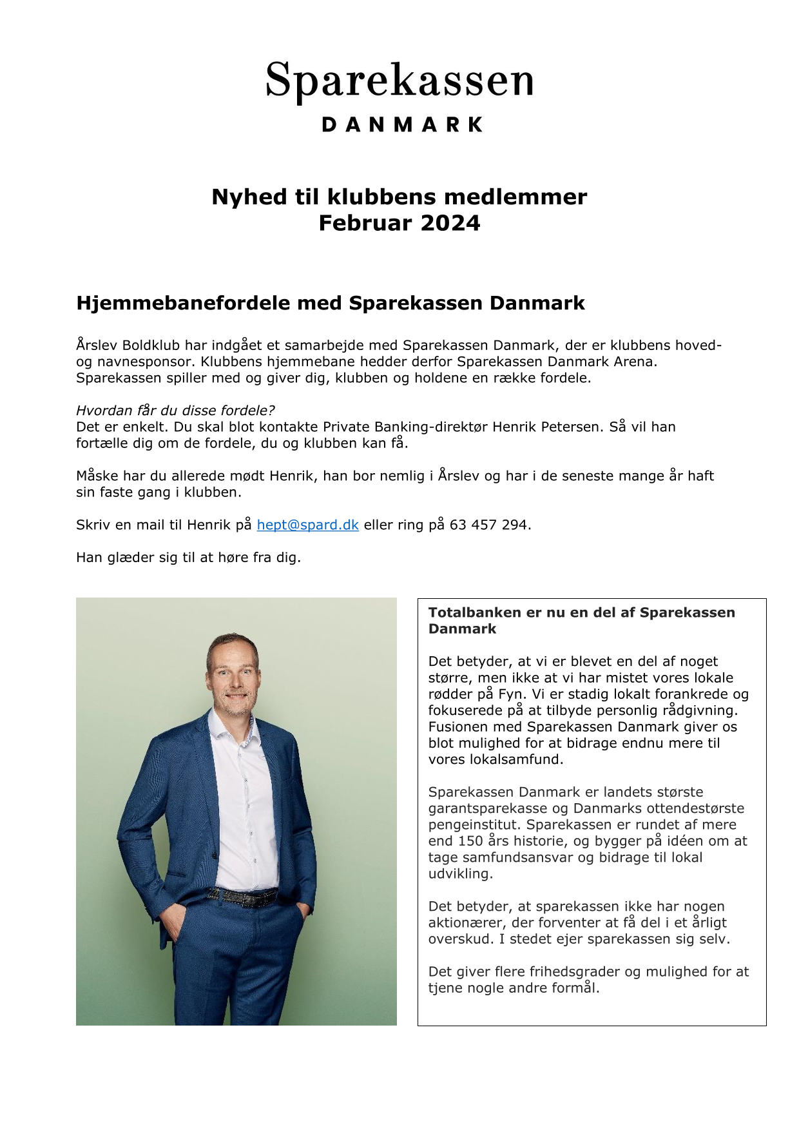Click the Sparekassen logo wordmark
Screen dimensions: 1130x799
(x=400, y=81)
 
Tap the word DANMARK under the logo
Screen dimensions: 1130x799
(x=402, y=124)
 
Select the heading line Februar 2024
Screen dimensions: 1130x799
(x=400, y=223)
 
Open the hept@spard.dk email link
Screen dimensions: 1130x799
(x=307, y=525)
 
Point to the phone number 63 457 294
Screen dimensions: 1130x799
(x=488, y=525)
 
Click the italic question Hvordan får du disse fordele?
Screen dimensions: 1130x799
(x=175, y=411)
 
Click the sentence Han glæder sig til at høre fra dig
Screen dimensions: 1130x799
(x=188, y=558)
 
